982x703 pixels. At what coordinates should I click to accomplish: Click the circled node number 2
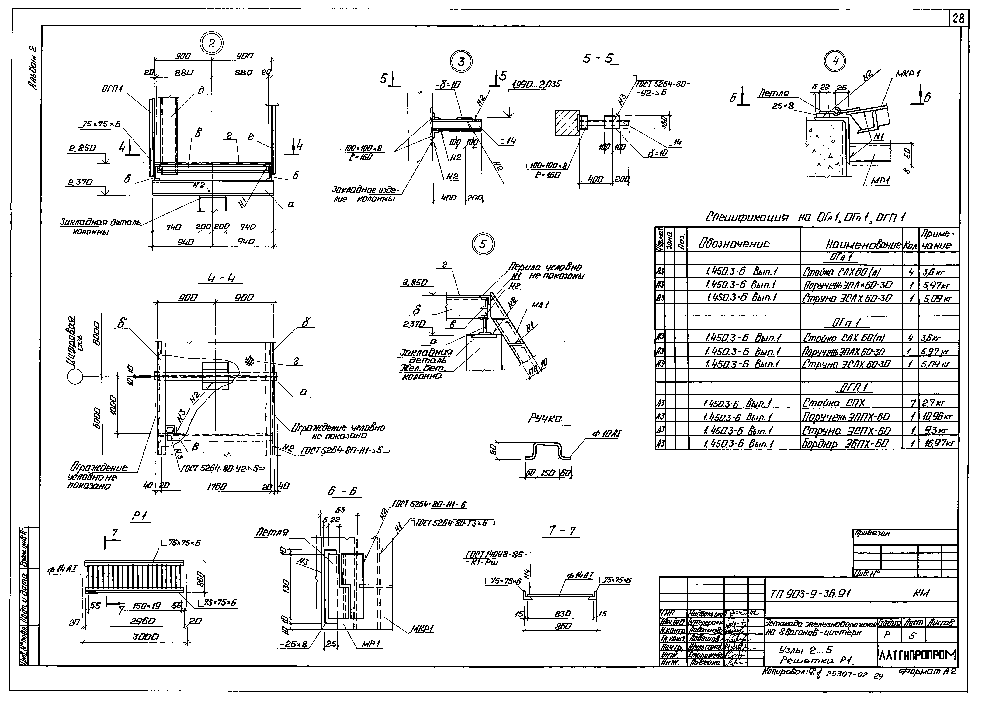[211, 43]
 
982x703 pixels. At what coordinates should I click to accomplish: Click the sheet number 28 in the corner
[958, 19]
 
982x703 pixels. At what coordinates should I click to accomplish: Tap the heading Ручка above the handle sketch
[545, 418]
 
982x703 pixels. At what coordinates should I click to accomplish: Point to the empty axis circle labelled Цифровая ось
[75, 377]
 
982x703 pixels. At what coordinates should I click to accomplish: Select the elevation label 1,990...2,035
[536, 84]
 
